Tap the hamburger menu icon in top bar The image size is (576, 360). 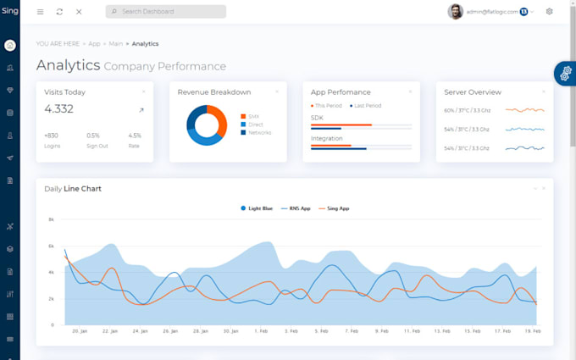(40, 12)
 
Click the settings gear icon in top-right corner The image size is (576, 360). (549, 12)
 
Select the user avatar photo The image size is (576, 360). (456, 12)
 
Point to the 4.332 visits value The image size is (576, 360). (59, 108)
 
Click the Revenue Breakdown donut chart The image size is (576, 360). (207, 125)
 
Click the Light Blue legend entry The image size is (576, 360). (256, 208)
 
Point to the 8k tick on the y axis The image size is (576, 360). (51, 219)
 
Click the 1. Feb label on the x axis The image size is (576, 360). (262, 331)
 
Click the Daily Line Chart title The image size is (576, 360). (73, 188)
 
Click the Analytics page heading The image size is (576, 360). (67, 65)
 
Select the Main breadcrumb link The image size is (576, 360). (115, 43)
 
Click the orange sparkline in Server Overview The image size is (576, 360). (524, 110)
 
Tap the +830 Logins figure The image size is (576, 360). (52, 136)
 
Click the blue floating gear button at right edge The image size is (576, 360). (565, 74)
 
